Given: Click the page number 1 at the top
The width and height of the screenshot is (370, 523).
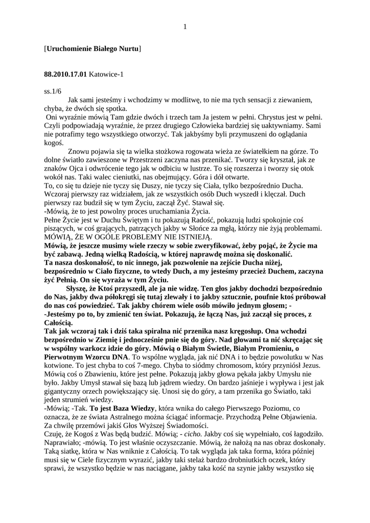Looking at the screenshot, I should tap(185, 27).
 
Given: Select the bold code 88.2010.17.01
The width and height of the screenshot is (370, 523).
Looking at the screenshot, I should tap(66, 75).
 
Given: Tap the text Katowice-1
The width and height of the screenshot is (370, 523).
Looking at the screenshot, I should tap(107, 75).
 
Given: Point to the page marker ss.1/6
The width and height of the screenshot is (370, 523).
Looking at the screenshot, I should tap(53, 91).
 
